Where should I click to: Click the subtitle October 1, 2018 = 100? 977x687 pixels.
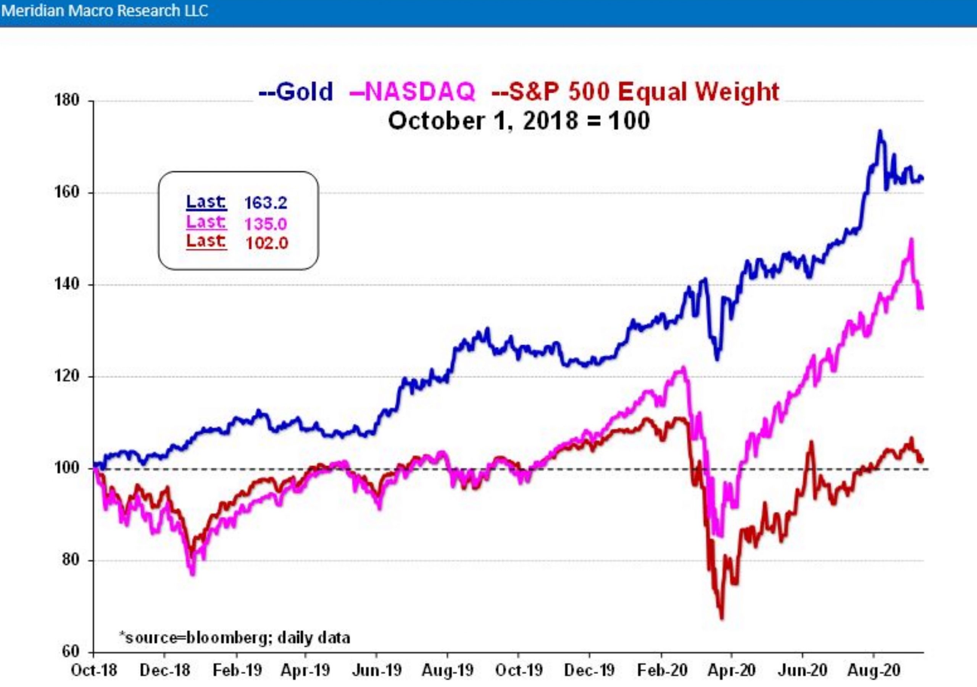[x=519, y=121]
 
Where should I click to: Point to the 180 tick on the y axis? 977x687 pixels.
[x=67, y=100]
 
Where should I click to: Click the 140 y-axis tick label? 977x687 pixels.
[x=67, y=284]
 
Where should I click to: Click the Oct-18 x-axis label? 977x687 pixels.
[x=94, y=671]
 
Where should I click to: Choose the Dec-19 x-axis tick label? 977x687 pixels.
[x=589, y=671]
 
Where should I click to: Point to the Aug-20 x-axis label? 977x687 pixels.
[x=874, y=671]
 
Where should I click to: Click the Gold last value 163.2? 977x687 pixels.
[x=266, y=203]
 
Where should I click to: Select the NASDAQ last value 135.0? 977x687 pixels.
[x=266, y=223]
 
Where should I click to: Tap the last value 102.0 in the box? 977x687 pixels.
[x=267, y=243]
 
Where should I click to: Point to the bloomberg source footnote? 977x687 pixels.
[x=234, y=638]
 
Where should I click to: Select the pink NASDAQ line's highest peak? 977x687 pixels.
[x=911, y=239]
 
